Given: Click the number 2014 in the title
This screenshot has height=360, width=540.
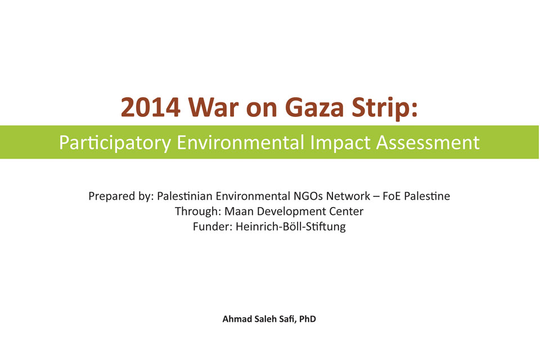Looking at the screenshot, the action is coord(151,107).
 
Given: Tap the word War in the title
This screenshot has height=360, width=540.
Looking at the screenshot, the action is coord(213,107).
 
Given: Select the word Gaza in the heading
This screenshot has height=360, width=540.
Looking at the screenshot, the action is coord(314,107).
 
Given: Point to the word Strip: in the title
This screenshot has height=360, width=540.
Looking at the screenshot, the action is coord(384,108).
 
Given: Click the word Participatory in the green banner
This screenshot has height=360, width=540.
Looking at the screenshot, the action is coord(115,143).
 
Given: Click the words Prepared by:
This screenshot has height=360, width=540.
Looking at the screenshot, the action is coord(120,196).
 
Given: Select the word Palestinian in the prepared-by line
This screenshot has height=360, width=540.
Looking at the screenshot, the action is coord(184,196).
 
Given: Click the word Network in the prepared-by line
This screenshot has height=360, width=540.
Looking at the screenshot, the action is coord(348,196).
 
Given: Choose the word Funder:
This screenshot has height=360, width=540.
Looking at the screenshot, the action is coord(212,226).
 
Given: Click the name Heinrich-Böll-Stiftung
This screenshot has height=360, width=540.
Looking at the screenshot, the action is coord(291,227).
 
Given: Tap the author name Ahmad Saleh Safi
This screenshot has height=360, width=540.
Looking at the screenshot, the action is coord(258,319).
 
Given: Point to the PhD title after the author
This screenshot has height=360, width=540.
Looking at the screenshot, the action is coord(308,319).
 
